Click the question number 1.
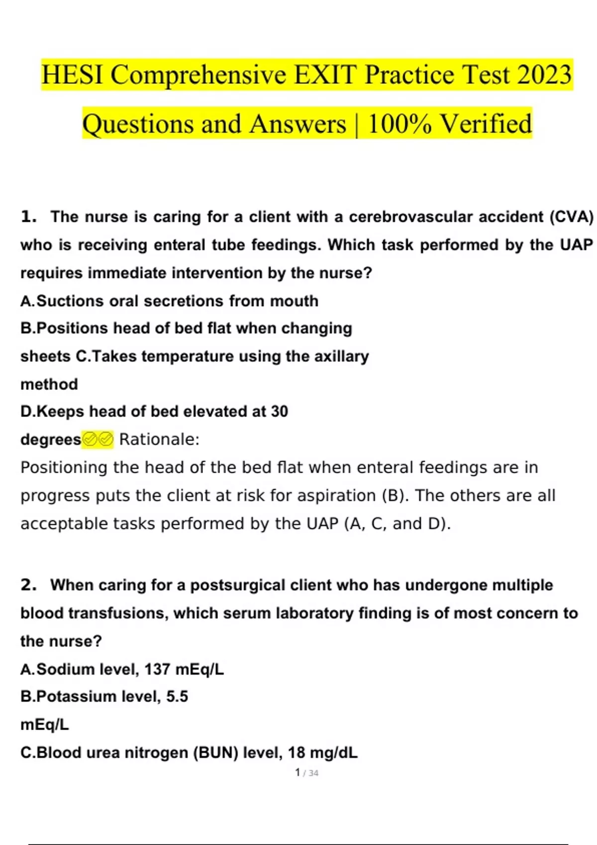28,217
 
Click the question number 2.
28,585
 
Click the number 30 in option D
280,412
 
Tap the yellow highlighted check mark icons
98,439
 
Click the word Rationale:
159,439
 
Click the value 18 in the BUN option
296,753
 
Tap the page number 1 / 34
306,773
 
